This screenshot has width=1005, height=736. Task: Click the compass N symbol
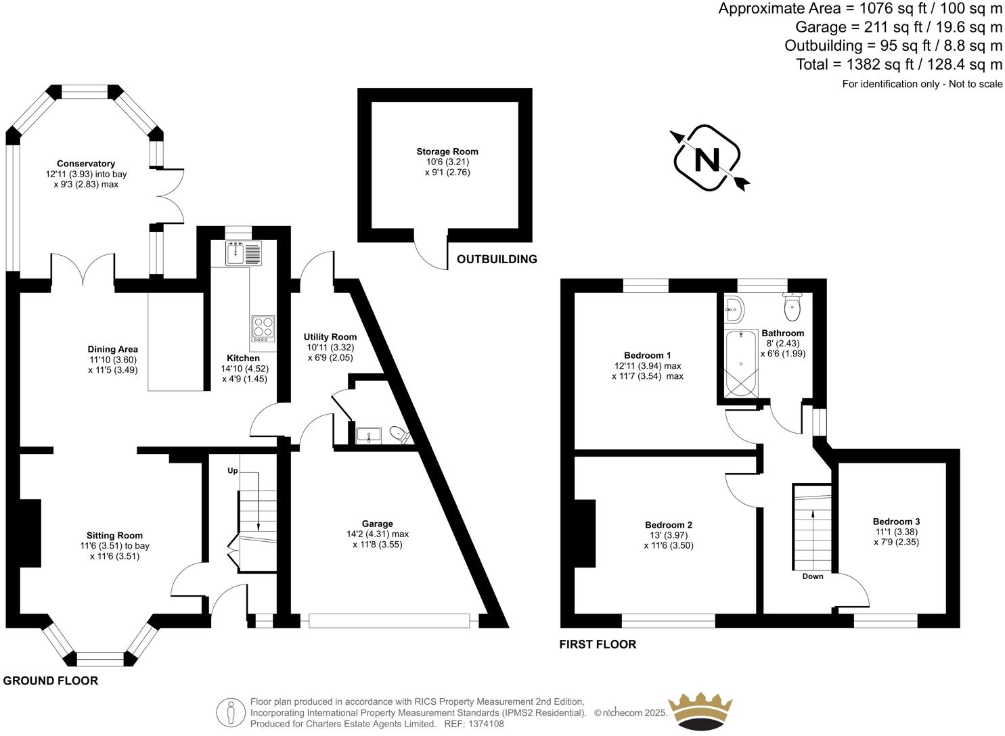[708, 160]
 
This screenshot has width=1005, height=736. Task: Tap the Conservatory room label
[85, 164]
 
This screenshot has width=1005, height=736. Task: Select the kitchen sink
[236, 254]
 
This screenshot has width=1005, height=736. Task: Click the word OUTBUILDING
[497, 259]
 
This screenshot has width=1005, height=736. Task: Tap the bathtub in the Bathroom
[741, 364]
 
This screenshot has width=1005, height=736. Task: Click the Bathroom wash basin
[732, 310]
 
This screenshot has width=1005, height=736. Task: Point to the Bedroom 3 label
[896, 522]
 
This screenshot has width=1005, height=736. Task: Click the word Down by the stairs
[813, 576]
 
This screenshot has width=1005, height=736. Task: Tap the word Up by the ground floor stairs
[232, 470]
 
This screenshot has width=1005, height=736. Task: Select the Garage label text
[377, 524]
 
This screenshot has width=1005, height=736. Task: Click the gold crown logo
[700, 710]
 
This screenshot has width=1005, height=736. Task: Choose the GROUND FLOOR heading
[51, 681]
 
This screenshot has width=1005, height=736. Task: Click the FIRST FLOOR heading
[598, 644]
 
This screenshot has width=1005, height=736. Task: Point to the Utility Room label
[330, 337]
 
